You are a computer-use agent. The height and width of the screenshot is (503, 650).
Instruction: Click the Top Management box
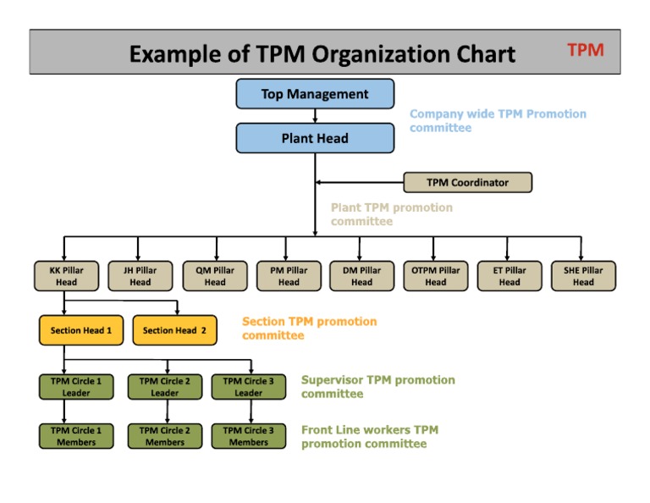(315, 94)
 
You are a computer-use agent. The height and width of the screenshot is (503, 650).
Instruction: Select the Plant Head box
(315, 138)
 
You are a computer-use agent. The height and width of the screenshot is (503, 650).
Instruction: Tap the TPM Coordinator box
(467, 182)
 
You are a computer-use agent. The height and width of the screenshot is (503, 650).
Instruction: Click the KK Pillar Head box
(66, 276)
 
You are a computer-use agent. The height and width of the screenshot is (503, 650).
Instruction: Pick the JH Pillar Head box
(140, 276)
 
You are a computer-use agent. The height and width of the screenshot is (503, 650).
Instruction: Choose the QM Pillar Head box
(215, 276)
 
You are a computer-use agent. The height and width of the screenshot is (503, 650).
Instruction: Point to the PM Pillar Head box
(289, 276)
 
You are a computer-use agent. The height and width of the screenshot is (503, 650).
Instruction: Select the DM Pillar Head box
(361, 276)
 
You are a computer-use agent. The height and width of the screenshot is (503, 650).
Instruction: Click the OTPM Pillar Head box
(435, 276)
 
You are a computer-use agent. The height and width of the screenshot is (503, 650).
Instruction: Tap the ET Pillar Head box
(510, 276)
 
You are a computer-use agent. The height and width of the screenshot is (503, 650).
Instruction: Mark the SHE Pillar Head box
(583, 276)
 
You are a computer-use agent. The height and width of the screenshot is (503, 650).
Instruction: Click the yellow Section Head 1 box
(81, 330)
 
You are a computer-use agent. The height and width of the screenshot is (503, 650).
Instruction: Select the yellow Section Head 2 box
(174, 330)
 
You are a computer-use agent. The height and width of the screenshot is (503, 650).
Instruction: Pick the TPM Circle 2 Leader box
(164, 387)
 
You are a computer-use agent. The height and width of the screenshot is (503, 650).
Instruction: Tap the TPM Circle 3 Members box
(248, 436)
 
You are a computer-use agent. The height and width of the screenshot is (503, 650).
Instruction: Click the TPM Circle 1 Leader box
(76, 387)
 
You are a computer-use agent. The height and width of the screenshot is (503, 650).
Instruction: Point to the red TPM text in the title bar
(585, 50)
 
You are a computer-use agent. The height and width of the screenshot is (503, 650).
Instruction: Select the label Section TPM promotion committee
(309, 329)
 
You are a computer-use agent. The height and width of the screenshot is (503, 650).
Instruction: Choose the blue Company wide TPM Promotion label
(497, 120)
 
